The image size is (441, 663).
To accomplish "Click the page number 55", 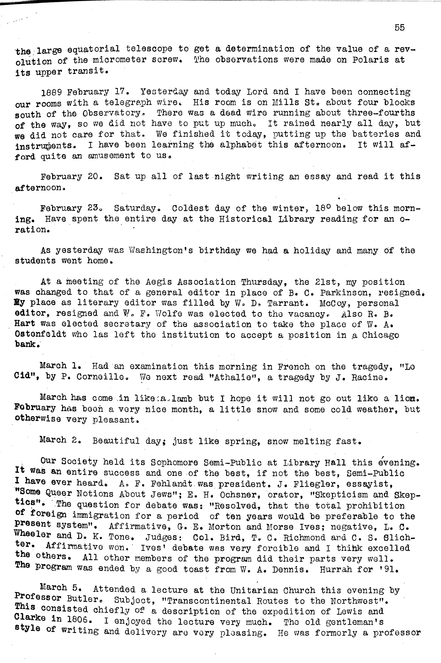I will (399, 28).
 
